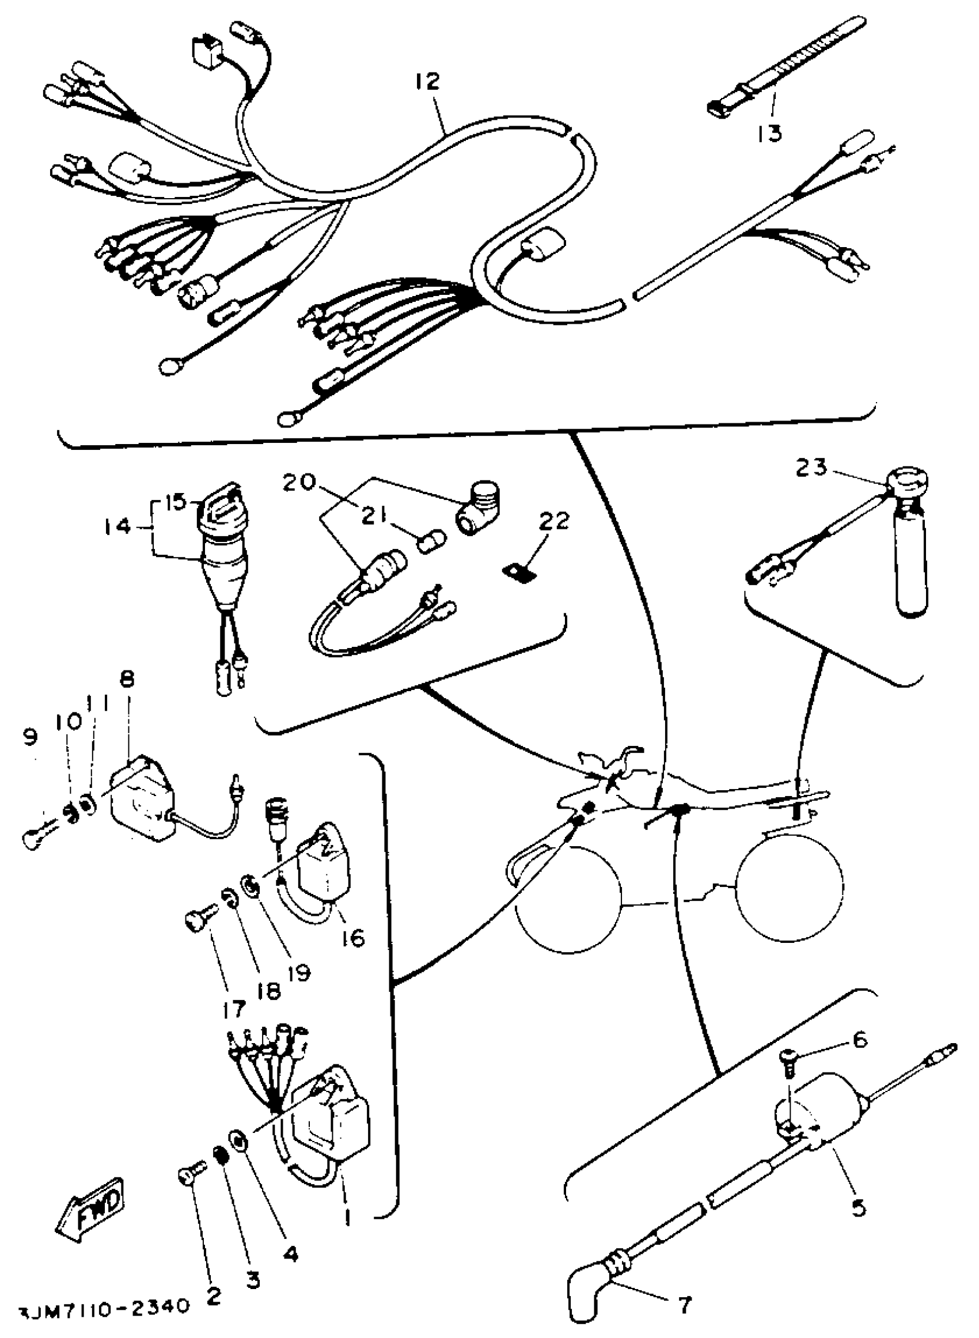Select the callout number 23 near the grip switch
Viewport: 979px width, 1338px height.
coord(811,468)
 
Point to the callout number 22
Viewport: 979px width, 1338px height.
coord(554,521)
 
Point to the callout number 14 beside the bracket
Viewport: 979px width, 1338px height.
coord(116,526)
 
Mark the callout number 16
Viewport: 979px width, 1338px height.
coord(353,938)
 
